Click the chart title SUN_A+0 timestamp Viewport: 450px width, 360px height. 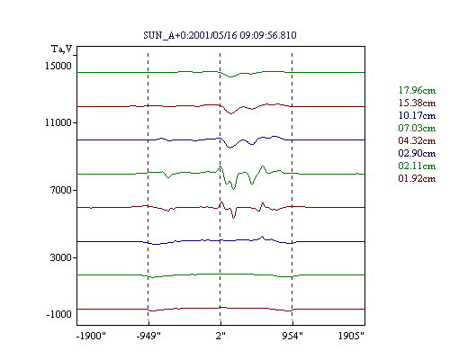pyautogui.click(x=220, y=35)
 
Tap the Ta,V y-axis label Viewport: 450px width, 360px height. pyautogui.click(x=62, y=49)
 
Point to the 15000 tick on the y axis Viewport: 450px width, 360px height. pyautogui.click(x=58, y=66)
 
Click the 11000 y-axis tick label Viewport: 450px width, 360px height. pyautogui.click(x=58, y=122)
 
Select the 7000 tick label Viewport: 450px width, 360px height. pyautogui.click(x=61, y=190)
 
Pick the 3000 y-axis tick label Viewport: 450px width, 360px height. pyautogui.click(x=61, y=257)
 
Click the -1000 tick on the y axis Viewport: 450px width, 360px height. pyautogui.click(x=58, y=314)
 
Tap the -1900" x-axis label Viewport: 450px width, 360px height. pyautogui.click(x=91, y=336)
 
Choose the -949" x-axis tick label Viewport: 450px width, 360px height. pyautogui.click(x=148, y=336)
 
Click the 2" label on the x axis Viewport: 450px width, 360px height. pyautogui.click(x=220, y=336)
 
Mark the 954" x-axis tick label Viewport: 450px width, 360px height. pyautogui.click(x=292, y=336)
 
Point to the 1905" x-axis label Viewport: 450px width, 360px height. pyautogui.click(x=351, y=336)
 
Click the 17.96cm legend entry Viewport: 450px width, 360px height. pyautogui.click(x=417, y=90)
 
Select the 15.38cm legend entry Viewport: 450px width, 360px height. pyautogui.click(x=417, y=103)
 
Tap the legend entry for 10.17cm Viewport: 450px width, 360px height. pyautogui.click(x=417, y=115)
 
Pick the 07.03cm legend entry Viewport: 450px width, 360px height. pyautogui.click(x=417, y=128)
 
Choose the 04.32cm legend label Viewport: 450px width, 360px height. pyautogui.click(x=417, y=140)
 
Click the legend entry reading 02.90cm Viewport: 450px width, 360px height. pyautogui.click(x=417, y=153)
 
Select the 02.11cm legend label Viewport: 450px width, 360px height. pyautogui.click(x=417, y=166)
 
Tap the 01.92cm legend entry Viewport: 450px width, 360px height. pyautogui.click(x=417, y=178)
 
